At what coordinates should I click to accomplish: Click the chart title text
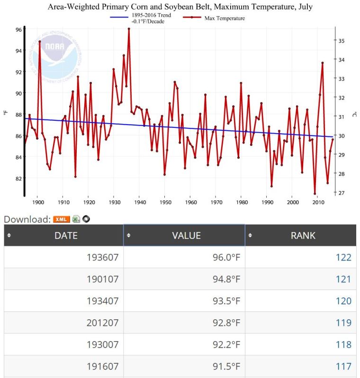[180, 7]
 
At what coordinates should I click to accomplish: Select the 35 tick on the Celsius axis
[341, 41]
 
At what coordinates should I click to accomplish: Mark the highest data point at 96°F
[129, 29]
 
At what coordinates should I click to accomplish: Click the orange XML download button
[62, 219]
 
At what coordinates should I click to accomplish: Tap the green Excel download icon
[76, 219]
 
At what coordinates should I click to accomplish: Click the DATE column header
[66, 235]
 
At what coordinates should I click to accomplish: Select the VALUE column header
[187, 235]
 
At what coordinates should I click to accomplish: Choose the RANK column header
[303, 235]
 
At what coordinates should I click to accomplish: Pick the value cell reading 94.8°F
[226, 279]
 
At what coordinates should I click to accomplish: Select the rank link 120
[343, 301]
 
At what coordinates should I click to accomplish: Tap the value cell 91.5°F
[226, 366]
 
